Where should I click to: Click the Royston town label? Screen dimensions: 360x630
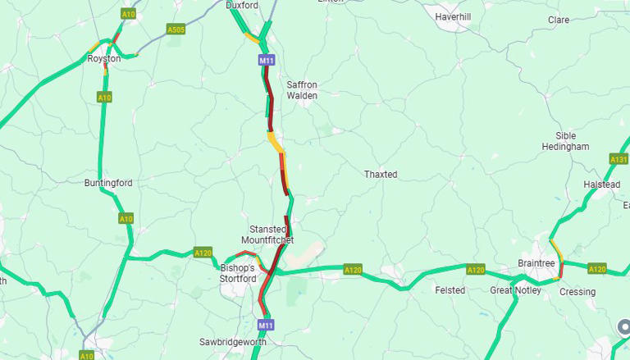coord(104,58)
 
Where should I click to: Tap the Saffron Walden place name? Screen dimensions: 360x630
coord(302,90)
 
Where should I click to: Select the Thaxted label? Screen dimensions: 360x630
coord(381,175)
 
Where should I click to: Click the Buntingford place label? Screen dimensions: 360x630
coord(107,183)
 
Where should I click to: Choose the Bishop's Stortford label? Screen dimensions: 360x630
coord(239,273)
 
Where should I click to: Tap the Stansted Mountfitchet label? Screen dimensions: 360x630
coord(268,235)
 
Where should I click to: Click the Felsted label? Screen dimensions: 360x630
coord(450,290)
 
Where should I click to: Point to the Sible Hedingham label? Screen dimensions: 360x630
coord(565,141)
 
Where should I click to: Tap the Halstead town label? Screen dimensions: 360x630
coord(601,185)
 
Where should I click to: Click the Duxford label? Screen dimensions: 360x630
coord(242,5)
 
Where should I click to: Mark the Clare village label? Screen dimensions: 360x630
coord(559,20)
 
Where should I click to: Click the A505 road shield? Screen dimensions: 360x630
coord(176,30)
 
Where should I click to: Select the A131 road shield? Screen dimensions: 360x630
coord(619,159)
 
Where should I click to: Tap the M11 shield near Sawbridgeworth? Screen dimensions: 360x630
coord(264,325)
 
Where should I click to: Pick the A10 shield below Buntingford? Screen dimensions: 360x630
coord(126,219)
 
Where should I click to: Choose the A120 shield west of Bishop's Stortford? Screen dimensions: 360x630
coord(203,253)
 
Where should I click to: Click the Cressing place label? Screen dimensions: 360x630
coord(577,292)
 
